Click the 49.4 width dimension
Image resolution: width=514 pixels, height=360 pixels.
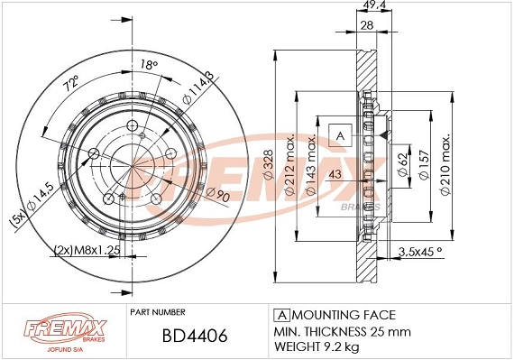pos(368,5)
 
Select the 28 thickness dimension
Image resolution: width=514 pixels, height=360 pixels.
pos(367,26)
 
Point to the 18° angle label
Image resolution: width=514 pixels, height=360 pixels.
pos(149,64)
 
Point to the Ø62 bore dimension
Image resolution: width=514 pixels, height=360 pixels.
pos(399,165)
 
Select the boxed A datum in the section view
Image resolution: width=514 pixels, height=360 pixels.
pos(340,136)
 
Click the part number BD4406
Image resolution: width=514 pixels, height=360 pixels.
pos(181,336)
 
